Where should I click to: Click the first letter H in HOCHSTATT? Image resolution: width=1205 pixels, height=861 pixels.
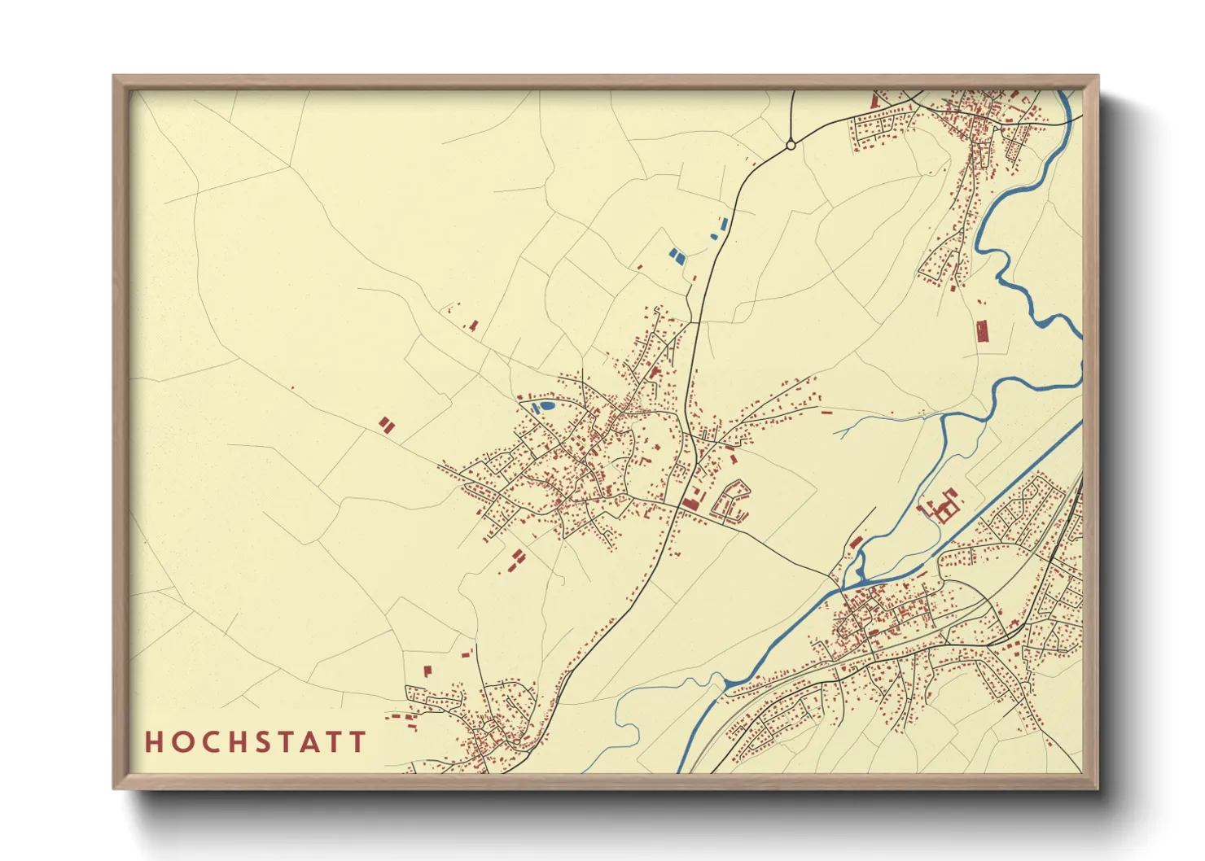153,741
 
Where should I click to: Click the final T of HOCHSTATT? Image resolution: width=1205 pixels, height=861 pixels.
357,741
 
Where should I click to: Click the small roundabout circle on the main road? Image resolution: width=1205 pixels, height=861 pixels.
791,145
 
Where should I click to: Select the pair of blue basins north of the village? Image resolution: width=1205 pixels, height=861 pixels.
677,256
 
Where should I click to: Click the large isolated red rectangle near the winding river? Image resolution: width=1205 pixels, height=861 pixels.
982,331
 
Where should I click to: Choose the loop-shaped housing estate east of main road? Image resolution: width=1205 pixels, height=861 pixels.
731,500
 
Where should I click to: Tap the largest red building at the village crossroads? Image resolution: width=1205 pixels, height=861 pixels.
691,503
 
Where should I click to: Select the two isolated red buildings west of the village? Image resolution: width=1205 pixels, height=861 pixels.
386,424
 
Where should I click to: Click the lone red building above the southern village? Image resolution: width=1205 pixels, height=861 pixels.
427,671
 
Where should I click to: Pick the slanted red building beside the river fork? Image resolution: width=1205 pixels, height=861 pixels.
855,543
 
